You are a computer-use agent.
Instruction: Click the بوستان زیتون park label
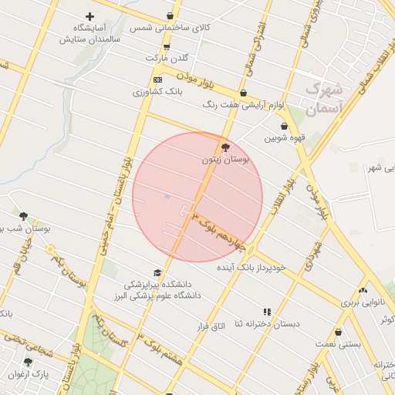pyautogui.click(x=225, y=160)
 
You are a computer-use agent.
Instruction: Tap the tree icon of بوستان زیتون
pyautogui.click(x=225, y=147)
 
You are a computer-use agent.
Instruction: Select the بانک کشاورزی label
pyautogui.click(x=157, y=92)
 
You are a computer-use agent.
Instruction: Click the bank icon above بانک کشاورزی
pyautogui.click(x=158, y=79)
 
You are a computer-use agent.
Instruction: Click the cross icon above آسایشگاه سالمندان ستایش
pyautogui.click(x=89, y=16)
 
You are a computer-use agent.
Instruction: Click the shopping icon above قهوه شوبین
pyautogui.click(x=285, y=126)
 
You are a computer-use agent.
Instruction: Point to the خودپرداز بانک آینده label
pyautogui.click(x=251, y=267)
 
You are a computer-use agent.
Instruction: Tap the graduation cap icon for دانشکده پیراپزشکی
pyautogui.click(x=157, y=273)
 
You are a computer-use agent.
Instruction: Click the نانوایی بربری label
pyautogui.click(x=362, y=302)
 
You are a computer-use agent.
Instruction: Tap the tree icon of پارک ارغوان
pyautogui.click(x=29, y=362)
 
